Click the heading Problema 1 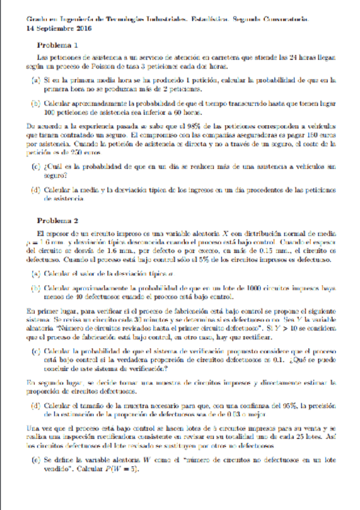coord(58,46)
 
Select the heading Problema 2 coord(58,220)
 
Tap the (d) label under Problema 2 coord(37,405)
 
